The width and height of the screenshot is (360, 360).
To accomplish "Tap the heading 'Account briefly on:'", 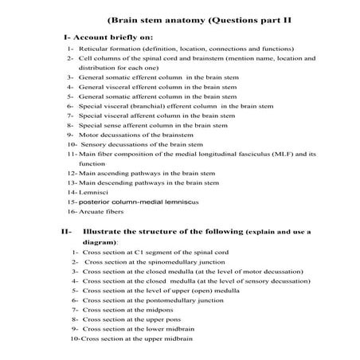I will pyautogui.click(x=118, y=37).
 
